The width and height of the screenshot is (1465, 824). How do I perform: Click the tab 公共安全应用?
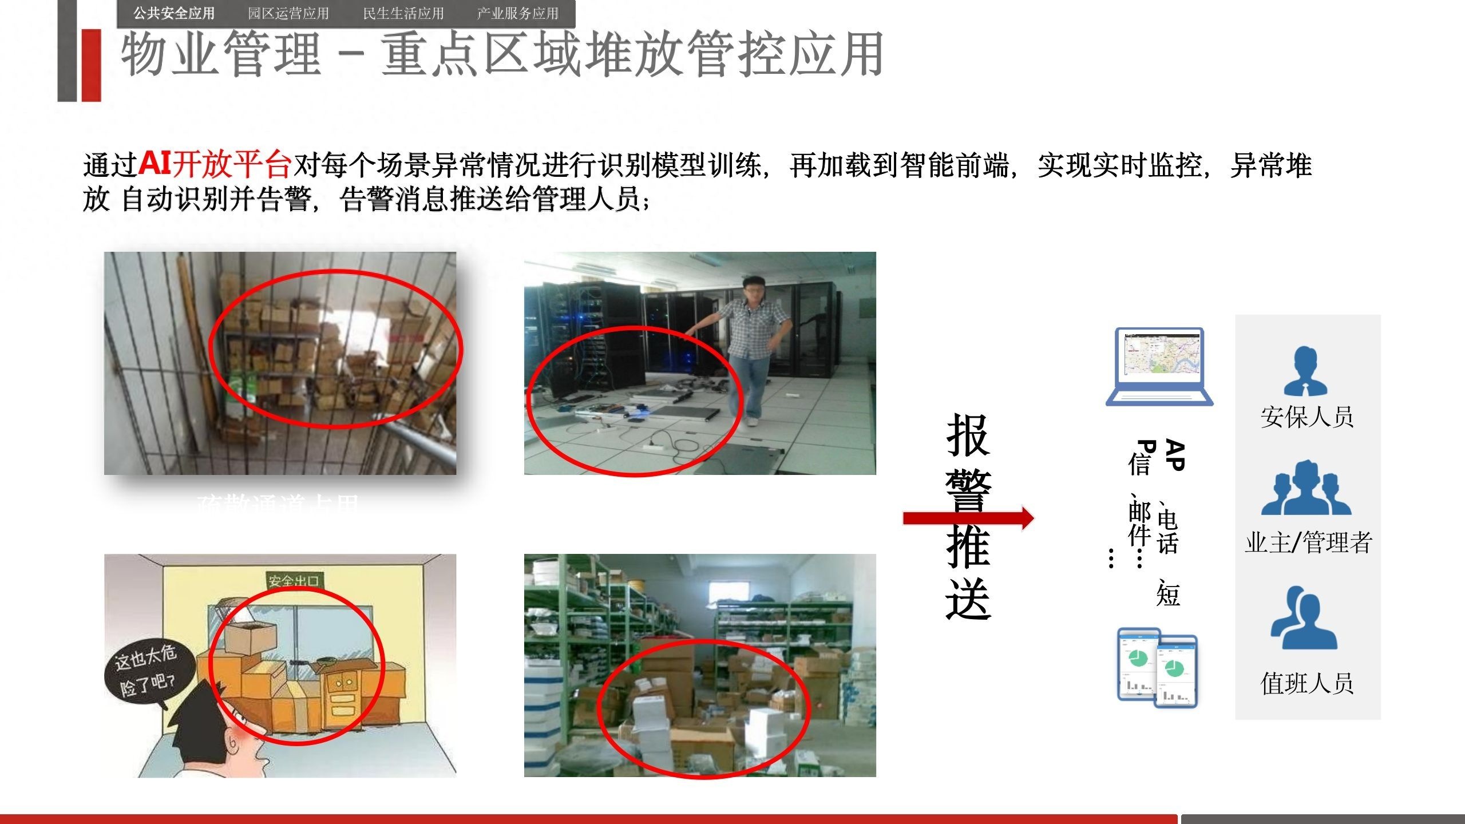pyautogui.click(x=174, y=13)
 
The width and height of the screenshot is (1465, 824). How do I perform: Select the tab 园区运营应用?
pyautogui.click(x=288, y=13)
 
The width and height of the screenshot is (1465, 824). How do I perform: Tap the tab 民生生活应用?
pyautogui.click(x=403, y=13)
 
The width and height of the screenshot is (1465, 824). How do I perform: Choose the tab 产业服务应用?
pyautogui.click(x=518, y=13)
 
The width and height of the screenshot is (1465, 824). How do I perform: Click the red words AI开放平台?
pyautogui.click(x=215, y=164)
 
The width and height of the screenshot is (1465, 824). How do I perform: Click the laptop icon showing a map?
pyautogui.click(x=1159, y=366)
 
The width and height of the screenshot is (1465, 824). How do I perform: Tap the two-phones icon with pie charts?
pyautogui.click(x=1157, y=668)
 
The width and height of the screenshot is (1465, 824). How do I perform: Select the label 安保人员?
pyautogui.click(x=1307, y=417)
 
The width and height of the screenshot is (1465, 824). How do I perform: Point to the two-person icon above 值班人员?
pyautogui.click(x=1304, y=619)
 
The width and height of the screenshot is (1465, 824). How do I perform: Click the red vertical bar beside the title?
pyautogui.click(x=92, y=65)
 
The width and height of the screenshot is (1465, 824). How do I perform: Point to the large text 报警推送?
pyautogui.click(x=968, y=517)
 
